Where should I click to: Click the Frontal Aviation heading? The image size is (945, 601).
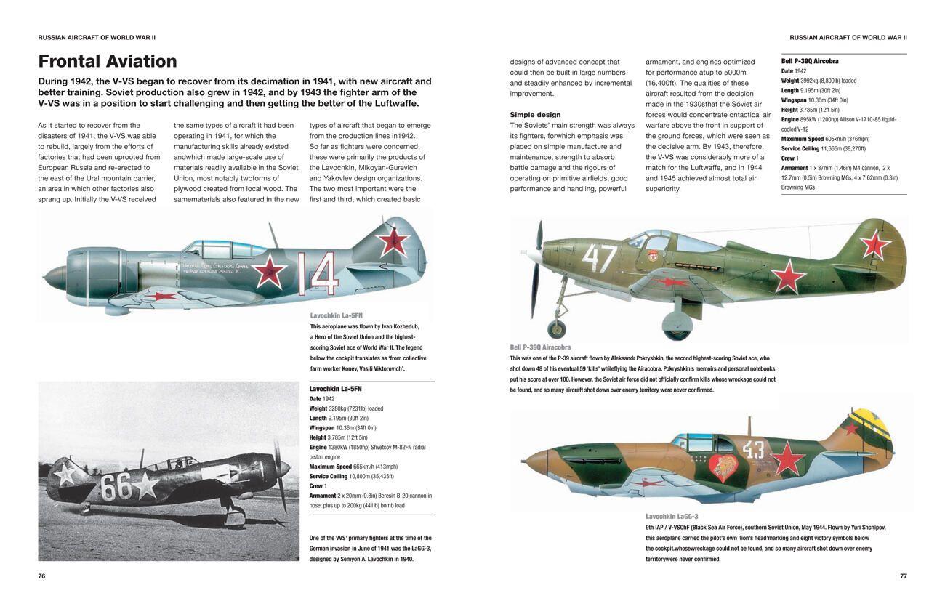108,62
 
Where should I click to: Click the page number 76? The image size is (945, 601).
41,576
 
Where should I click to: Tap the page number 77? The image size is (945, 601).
903,576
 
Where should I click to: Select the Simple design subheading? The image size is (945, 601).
535,115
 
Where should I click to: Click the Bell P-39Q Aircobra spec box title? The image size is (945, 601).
810,62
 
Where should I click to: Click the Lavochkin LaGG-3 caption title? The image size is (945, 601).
671,517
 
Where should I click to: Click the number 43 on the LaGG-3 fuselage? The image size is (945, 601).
753,450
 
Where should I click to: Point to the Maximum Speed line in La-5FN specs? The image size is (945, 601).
351,467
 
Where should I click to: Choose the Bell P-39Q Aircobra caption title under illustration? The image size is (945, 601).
540,347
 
